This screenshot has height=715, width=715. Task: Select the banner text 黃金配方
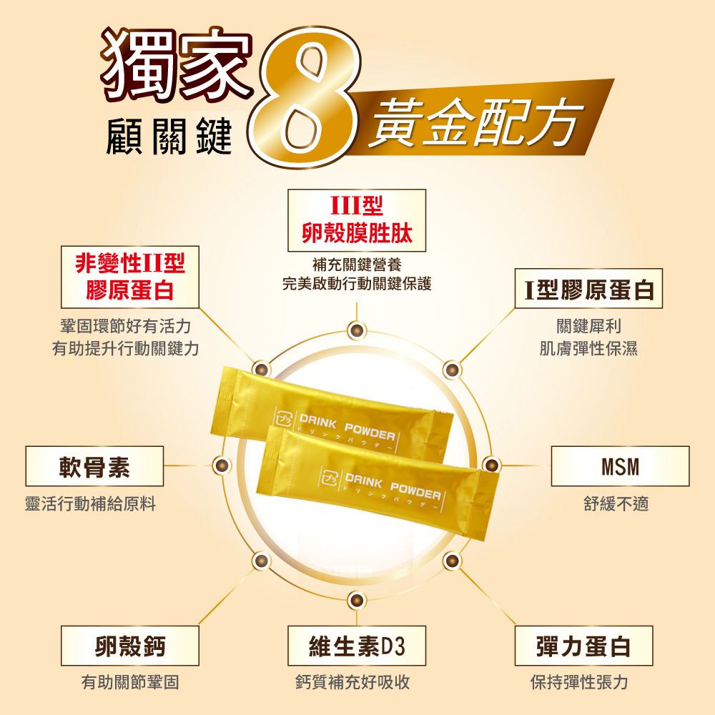[475, 122]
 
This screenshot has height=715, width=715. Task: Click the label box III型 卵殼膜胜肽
[357, 220]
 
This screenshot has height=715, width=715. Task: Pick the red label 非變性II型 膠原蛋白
[130, 277]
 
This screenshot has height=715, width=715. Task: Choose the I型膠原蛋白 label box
[588, 289]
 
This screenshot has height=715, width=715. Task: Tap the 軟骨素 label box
[94, 466]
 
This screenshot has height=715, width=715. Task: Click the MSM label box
[620, 466]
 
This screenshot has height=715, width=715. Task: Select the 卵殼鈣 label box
[130, 646]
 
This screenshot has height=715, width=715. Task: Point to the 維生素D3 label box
[357, 646]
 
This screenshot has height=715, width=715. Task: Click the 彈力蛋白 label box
[583, 646]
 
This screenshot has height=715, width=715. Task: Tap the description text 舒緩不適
[616, 504]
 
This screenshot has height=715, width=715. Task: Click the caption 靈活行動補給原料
[90, 504]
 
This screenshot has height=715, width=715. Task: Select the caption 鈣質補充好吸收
[352, 682]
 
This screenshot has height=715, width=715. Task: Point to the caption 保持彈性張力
[580, 682]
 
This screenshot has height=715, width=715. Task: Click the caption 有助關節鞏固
[130, 682]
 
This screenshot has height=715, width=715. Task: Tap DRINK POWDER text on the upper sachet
[347, 428]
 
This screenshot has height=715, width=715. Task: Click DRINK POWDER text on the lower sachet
[393, 486]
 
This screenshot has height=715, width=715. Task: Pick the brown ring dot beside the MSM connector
[491, 465]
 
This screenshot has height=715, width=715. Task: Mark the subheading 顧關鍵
[169, 136]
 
